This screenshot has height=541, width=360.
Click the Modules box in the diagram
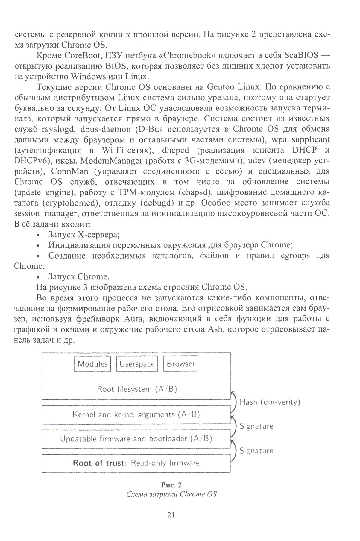click(92, 364)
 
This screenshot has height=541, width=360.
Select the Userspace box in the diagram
click(137, 364)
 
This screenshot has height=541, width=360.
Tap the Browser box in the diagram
click(181, 364)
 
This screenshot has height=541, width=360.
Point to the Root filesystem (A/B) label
click(137, 389)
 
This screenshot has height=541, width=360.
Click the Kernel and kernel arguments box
click(136, 414)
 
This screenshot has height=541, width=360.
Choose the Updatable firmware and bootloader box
click(136, 439)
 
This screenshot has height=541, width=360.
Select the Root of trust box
click(136, 463)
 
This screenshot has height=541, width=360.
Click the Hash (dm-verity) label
click(270, 402)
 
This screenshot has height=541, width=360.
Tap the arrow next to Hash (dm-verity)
click(233, 402)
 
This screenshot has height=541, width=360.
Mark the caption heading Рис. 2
click(171, 485)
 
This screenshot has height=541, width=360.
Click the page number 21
click(171, 515)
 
